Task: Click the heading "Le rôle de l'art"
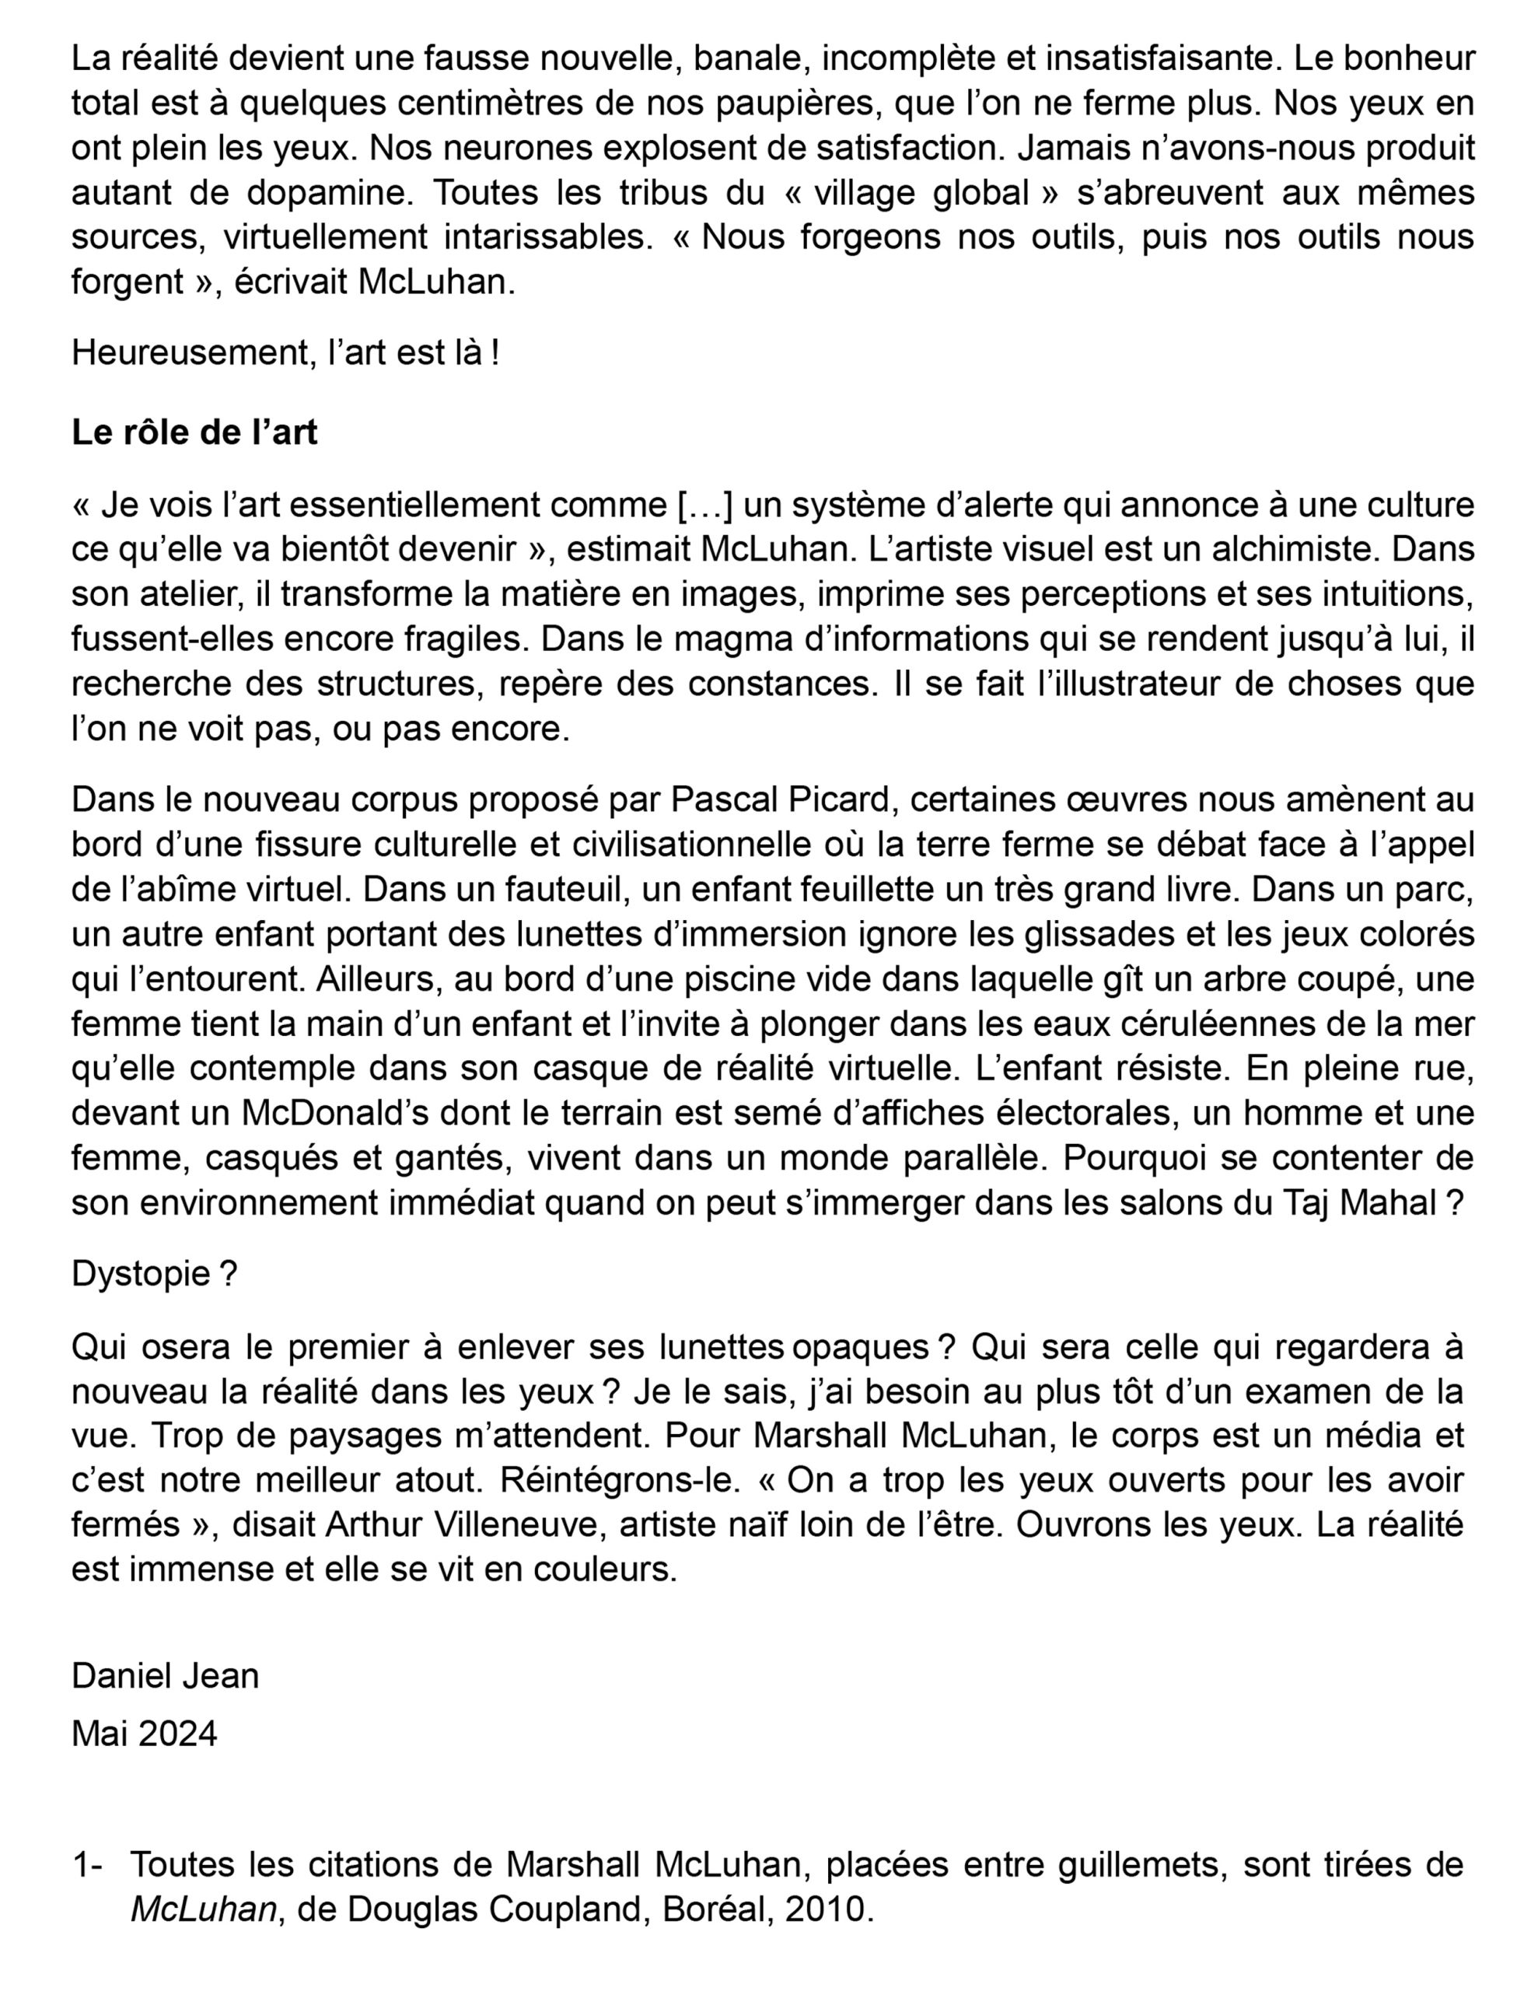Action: click(x=194, y=432)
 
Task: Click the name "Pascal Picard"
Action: click(x=779, y=800)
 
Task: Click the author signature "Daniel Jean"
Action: click(x=165, y=1675)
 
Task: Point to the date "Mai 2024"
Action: click(x=144, y=1733)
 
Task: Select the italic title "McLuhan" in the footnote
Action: click(x=203, y=1909)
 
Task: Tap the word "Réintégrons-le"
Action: click(x=618, y=1479)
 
